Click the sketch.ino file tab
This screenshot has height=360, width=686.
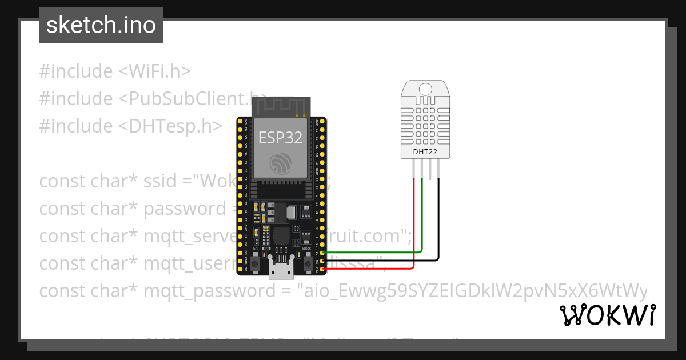coord(101,25)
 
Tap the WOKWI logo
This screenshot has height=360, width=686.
coord(607,315)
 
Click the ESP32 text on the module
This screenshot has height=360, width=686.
coord(280,137)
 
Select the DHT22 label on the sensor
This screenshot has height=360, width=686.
coord(425,151)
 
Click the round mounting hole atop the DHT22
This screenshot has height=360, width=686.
coord(425,89)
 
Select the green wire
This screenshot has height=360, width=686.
coord(422,223)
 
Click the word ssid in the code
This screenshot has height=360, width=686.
coord(162,181)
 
